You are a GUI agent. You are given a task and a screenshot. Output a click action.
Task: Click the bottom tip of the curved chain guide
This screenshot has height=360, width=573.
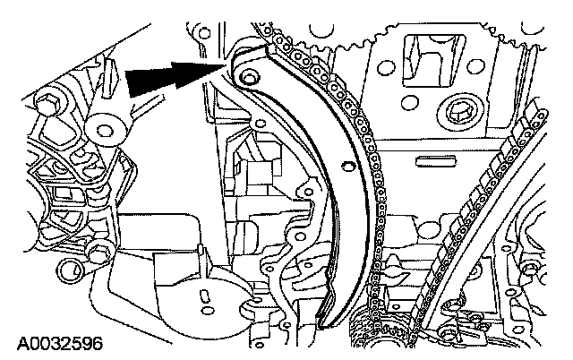324,316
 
